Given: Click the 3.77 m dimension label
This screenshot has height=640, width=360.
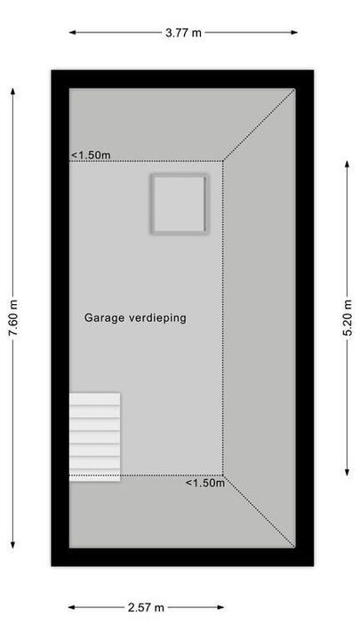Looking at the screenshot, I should coord(182,33).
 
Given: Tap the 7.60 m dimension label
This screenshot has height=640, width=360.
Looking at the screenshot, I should coord(12,318).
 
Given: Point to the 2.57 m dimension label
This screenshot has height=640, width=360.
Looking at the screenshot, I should coord(147,608).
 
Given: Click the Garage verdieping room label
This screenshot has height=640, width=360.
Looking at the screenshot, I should coord(135,316).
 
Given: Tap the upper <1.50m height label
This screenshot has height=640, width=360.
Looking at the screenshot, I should coord(91,156).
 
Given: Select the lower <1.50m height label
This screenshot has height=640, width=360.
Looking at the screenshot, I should coord(204,484).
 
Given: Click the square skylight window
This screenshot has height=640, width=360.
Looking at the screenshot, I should coord(179,204).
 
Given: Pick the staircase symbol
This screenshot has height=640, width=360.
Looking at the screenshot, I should coord(95,436).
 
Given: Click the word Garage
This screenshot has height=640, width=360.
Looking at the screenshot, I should coord(103,316).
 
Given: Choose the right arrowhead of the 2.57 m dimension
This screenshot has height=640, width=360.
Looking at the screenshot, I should coord(221,608).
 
